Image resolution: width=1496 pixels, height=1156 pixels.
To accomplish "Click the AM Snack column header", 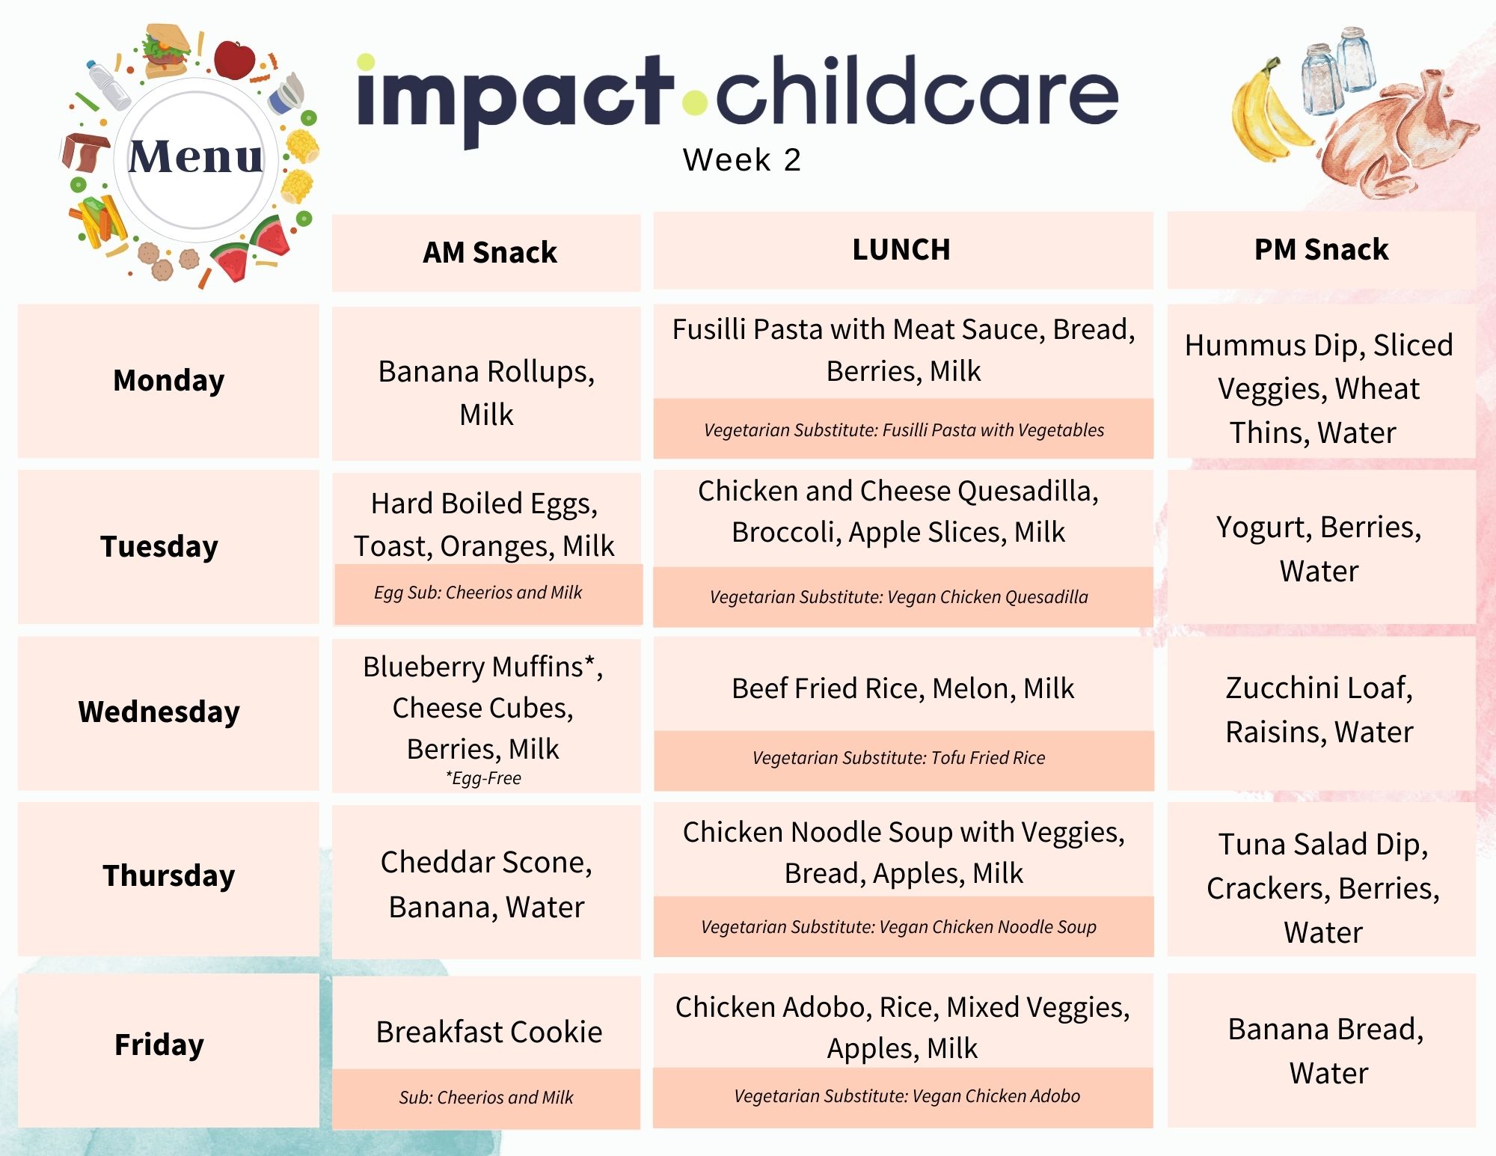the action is (x=489, y=252).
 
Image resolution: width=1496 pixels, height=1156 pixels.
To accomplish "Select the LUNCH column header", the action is (x=901, y=249).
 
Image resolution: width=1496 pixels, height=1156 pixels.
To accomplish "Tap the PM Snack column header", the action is (x=1321, y=249).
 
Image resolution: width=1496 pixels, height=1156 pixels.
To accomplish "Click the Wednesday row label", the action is (x=159, y=712).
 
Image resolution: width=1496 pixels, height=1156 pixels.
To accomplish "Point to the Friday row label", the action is (x=159, y=1045).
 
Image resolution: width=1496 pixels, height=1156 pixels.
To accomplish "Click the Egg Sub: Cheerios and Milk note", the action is (x=478, y=593).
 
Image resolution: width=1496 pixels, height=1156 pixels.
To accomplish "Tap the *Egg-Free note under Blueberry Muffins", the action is (x=483, y=778).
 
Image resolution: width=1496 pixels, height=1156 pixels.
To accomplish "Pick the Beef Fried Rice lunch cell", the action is (x=903, y=688).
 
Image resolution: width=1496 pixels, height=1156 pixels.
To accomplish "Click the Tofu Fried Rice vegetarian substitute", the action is (x=898, y=757).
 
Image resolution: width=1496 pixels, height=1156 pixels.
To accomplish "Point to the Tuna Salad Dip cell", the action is (x=1322, y=888).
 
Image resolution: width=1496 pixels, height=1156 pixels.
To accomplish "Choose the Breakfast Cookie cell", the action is (x=488, y=1032).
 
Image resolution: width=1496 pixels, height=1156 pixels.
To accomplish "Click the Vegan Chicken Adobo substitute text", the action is (x=907, y=1096).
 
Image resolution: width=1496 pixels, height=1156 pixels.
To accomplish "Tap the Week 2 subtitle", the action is (x=741, y=159).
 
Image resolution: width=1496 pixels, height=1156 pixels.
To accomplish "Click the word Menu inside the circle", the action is (x=196, y=157).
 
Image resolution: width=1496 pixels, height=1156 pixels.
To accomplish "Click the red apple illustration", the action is (x=234, y=60).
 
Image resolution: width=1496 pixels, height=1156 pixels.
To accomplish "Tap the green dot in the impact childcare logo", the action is (x=696, y=103).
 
